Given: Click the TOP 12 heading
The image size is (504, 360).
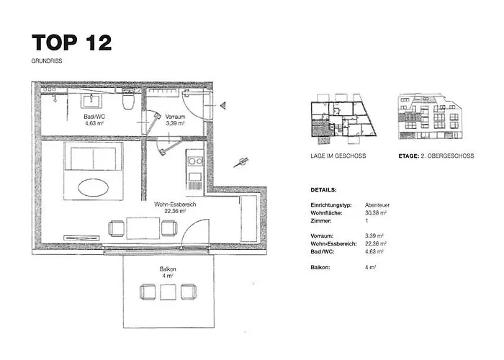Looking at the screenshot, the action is pos(72,42).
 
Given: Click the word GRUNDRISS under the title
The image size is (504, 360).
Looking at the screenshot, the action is pos(47,60).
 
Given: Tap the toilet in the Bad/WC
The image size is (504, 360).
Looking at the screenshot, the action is pos(128,99).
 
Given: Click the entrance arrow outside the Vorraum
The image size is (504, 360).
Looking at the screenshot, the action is pos(222,105).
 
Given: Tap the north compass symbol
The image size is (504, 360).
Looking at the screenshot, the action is pos(241,162).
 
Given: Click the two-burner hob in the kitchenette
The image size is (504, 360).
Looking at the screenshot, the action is pos(195,161).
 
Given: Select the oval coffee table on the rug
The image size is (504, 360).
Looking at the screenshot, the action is pos(93,187).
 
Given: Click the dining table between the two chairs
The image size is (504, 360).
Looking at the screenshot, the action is pos(143,228).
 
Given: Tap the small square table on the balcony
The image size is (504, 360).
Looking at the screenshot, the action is pos(168,292).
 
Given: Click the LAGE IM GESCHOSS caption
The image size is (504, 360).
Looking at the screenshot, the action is pos(338,156).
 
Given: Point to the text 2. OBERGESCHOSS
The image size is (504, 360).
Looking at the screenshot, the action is pos(447,156).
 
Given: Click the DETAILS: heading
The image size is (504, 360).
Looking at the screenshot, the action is pos(323,190).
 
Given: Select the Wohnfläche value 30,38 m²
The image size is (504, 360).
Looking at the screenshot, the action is pos(375,213).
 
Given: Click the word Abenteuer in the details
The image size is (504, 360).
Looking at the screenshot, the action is pos(377,204).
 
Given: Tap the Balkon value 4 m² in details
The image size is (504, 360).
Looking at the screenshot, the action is pos(370,267).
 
